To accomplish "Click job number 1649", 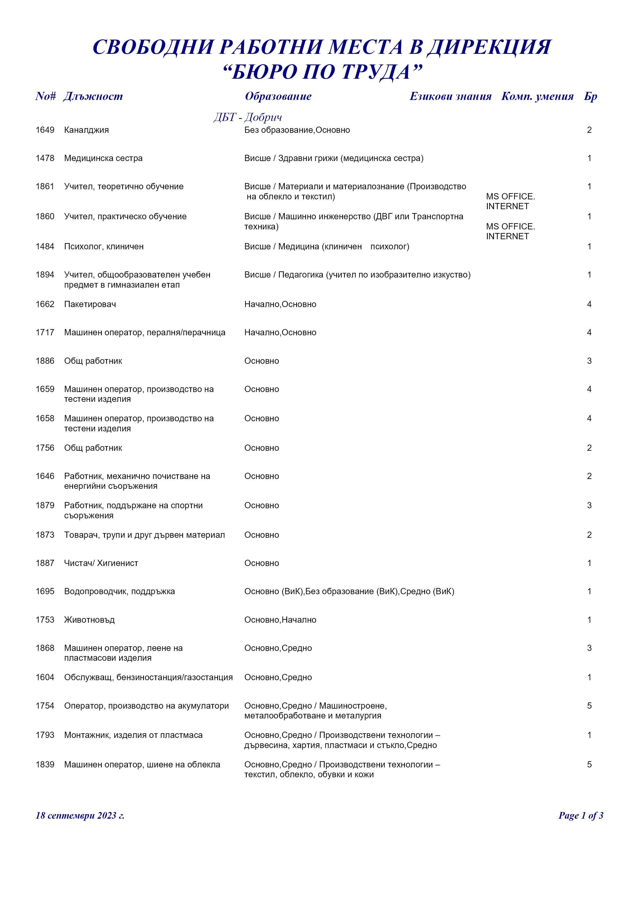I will tap(45, 130).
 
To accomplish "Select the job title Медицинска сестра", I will tap(103, 158).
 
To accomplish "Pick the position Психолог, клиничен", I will tap(104, 246).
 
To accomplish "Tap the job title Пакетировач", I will tap(90, 304).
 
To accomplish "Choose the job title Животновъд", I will tap(89, 620).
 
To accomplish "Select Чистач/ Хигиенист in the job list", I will tap(101, 563).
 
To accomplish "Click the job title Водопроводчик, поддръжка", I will tap(119, 591).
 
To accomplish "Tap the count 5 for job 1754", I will tap(589, 706).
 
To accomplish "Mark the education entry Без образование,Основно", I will tap(297, 130).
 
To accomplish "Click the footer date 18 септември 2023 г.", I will tap(80, 816).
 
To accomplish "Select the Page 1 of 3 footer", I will tap(580, 816).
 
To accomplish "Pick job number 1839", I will tap(45, 765).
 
